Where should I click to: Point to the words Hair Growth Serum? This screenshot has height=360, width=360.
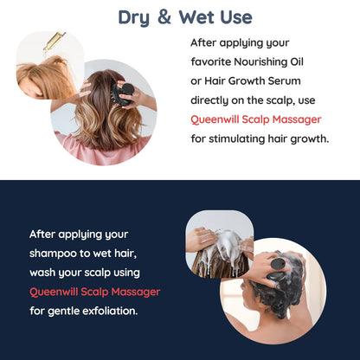click(251, 81)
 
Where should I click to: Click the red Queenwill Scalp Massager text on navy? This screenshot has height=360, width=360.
click(94, 291)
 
